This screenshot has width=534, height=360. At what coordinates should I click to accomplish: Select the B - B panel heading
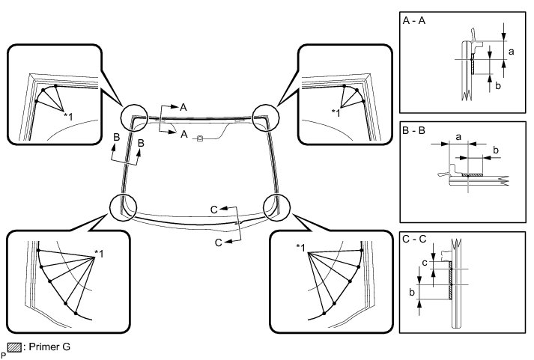[414, 129]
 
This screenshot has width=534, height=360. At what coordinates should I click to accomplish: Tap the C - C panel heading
[415, 241]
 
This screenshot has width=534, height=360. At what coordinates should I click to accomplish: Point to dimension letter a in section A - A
[511, 52]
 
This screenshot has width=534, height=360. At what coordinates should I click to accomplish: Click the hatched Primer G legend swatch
[13, 347]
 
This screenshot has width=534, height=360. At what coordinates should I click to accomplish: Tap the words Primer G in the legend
[47, 347]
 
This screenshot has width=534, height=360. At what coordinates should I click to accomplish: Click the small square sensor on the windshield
[199, 138]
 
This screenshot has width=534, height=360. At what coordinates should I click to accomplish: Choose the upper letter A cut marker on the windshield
[183, 108]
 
